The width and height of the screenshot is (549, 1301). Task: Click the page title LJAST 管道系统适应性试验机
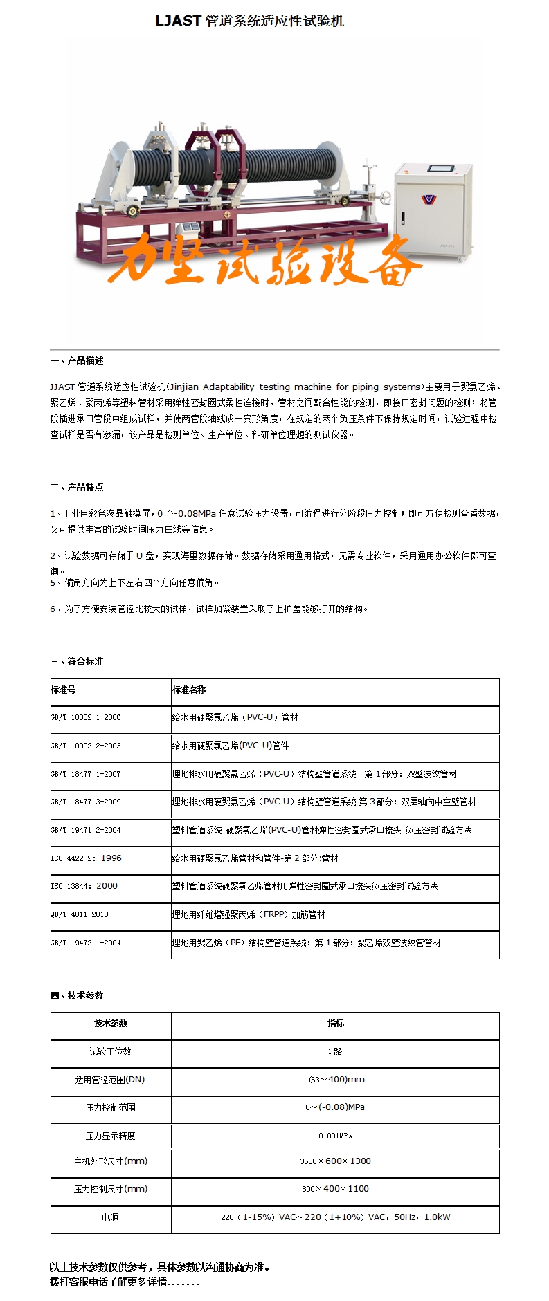point(249,21)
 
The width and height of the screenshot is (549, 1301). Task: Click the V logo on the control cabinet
point(429,199)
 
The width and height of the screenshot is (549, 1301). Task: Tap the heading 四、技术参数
point(77,995)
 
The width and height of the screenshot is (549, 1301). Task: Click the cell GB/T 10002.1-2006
point(86,718)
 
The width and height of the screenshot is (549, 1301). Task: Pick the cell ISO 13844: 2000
point(84,886)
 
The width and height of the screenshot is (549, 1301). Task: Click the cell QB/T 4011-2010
point(80,914)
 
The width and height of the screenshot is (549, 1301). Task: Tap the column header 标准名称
point(189,690)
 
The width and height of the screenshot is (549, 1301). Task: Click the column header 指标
point(335,1023)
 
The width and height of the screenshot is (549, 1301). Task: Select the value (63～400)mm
point(336,1079)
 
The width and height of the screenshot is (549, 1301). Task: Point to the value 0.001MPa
point(335,1136)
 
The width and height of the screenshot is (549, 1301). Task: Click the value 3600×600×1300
point(335,1161)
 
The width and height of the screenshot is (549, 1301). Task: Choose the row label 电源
point(110,1217)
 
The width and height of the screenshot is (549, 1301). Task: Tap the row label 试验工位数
point(110,1051)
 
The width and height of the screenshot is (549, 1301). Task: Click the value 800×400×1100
point(335,1189)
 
